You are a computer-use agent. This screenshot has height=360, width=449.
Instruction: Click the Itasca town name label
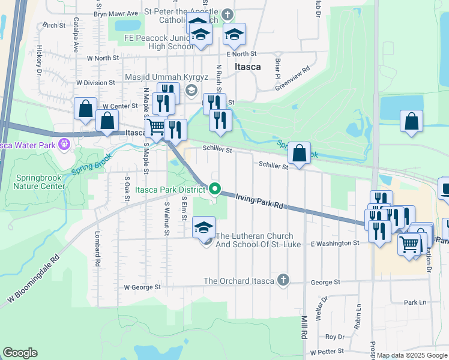click(x=248, y=67)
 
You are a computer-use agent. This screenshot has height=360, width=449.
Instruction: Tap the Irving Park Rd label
click(x=259, y=200)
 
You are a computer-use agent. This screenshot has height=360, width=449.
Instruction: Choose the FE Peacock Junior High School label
click(x=159, y=41)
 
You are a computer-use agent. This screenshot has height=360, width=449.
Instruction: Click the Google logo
click(x=20, y=353)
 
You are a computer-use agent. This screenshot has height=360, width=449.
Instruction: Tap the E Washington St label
click(x=334, y=243)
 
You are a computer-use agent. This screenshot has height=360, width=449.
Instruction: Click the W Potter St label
click(x=325, y=350)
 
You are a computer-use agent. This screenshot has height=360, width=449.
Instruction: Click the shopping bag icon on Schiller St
click(x=299, y=154)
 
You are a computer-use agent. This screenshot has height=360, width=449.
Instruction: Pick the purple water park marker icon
click(x=65, y=145)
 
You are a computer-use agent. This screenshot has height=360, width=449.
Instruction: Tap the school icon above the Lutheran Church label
click(x=203, y=227)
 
